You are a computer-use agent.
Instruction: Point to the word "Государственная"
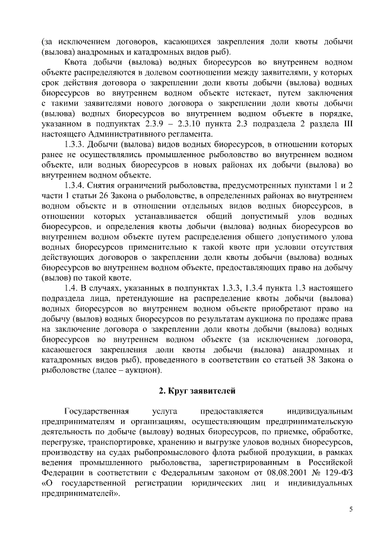(96, 411)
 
